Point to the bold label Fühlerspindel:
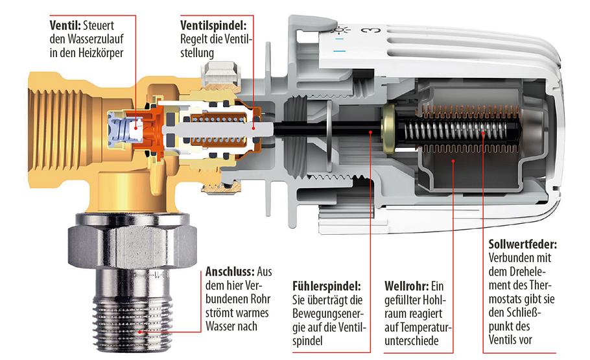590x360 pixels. [327, 285]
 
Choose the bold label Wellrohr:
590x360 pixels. [406, 285]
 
